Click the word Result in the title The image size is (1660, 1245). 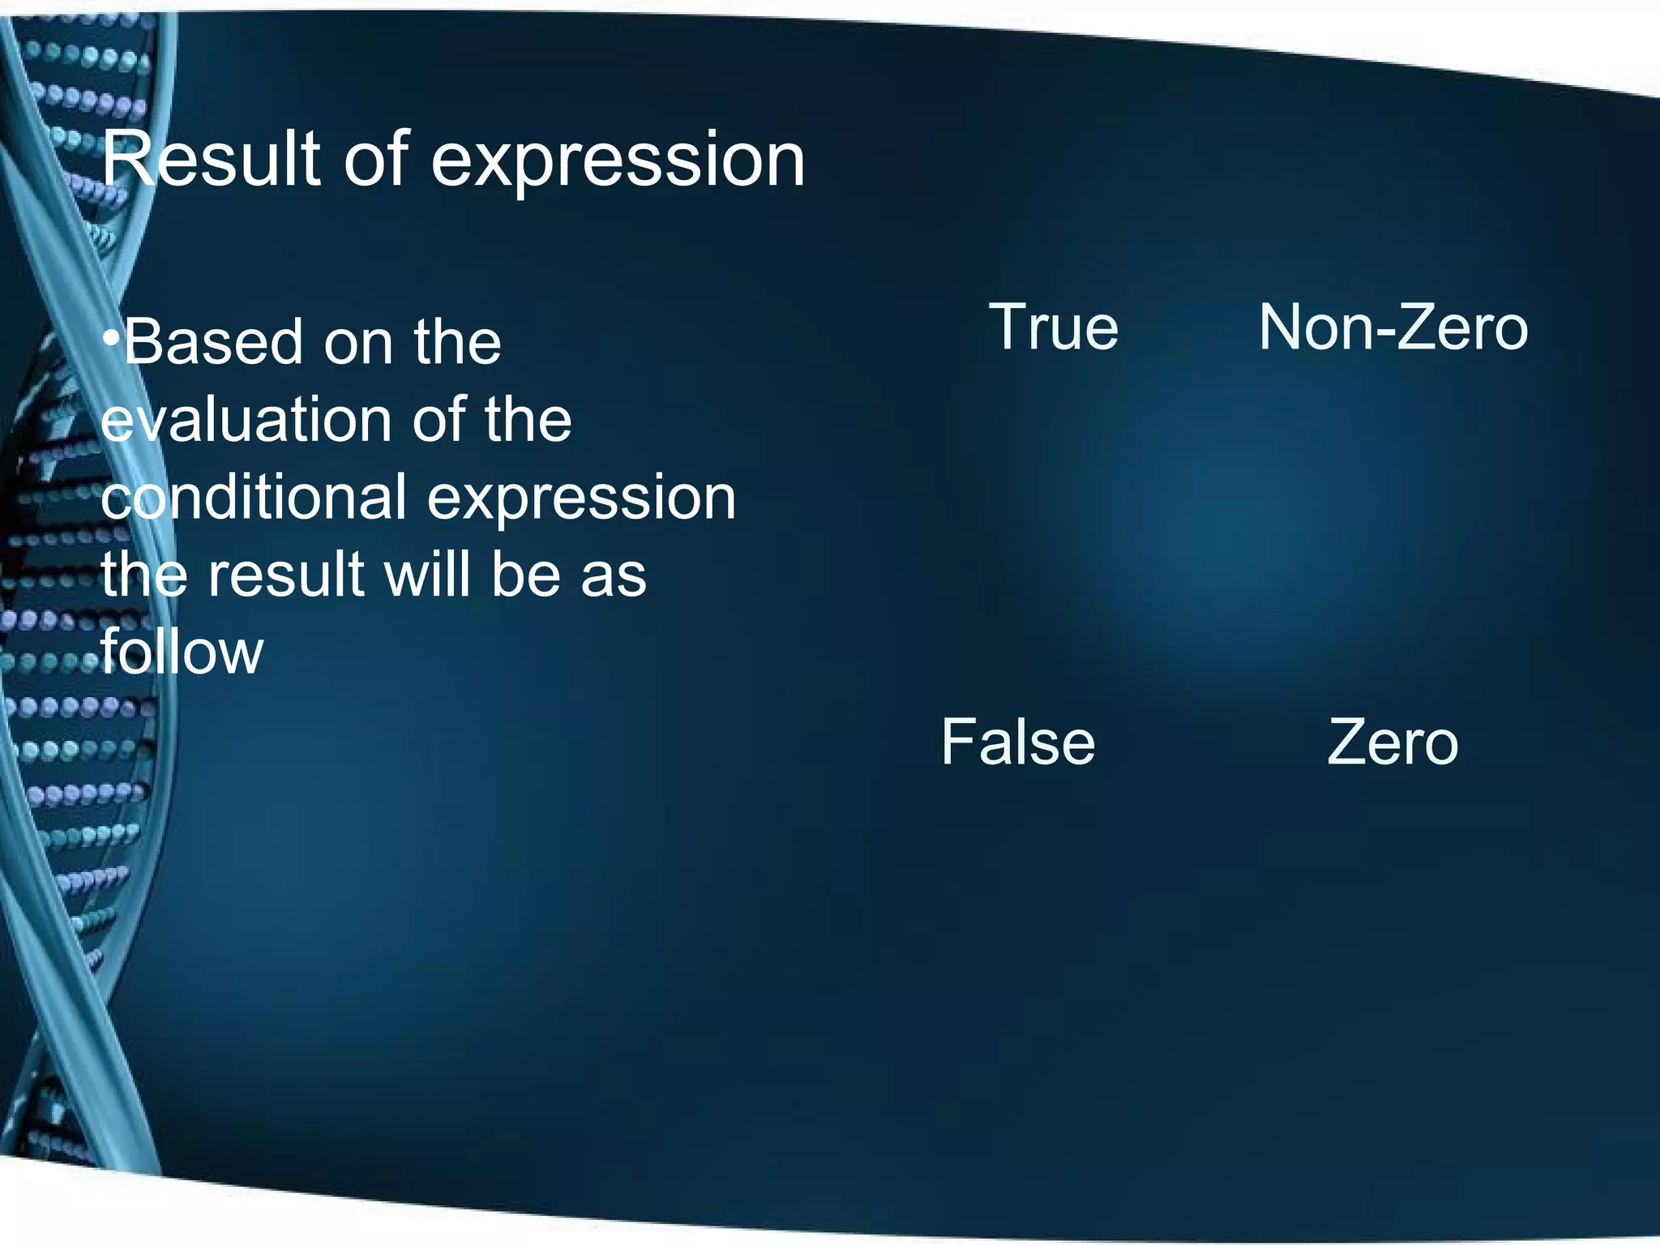point(210,160)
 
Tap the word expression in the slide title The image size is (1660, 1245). point(618,161)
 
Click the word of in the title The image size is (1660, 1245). point(376,160)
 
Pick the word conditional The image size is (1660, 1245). point(253,497)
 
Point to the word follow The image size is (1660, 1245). point(182,652)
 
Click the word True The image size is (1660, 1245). point(1054,327)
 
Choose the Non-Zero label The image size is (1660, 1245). point(1393,327)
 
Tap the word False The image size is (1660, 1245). point(1018,742)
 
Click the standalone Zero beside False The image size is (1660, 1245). point(1393,742)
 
